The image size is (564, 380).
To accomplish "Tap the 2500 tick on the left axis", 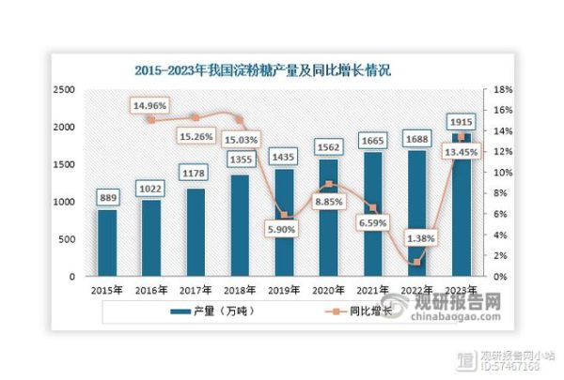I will (63, 89).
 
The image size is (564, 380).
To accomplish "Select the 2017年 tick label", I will (196, 290).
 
